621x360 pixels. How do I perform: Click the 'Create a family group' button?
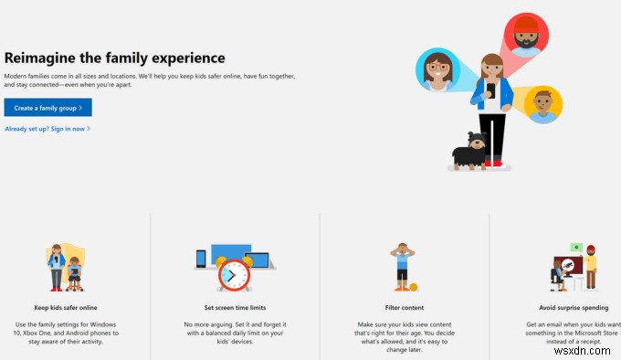point(47,108)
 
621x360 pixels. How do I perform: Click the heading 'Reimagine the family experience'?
point(114,58)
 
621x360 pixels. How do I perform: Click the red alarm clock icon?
point(235,273)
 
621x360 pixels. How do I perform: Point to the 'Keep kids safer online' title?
point(65,308)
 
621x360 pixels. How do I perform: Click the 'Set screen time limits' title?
point(235,308)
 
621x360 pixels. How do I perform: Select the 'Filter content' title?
point(404,308)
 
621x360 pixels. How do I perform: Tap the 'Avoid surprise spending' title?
point(574,308)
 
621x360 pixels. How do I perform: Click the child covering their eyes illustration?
point(402,266)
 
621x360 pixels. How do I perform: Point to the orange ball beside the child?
point(414,287)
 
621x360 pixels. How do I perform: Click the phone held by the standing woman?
point(490,90)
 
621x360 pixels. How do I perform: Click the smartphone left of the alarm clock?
point(201,259)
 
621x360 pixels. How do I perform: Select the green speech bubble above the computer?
point(577,247)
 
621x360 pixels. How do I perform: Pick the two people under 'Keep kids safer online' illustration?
point(65,267)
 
